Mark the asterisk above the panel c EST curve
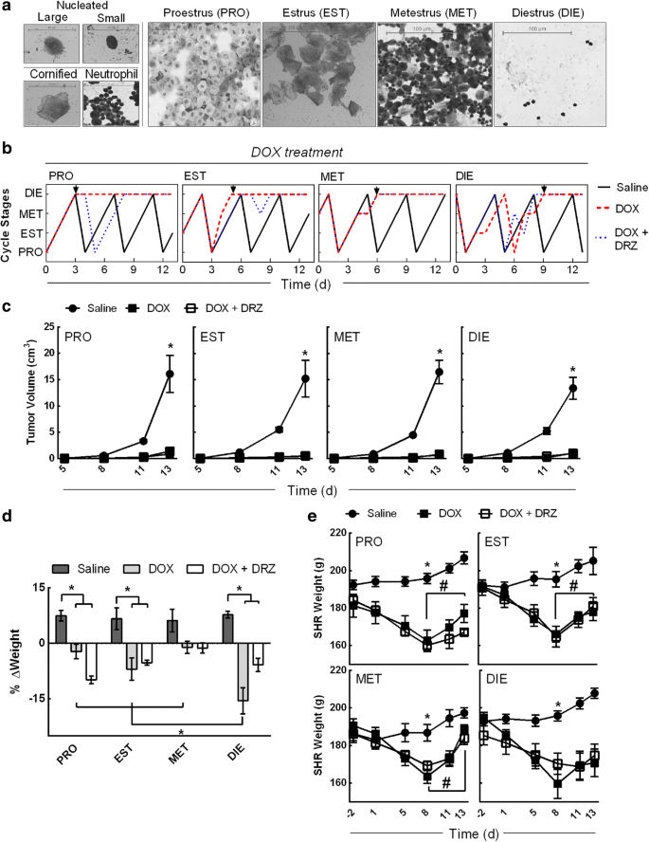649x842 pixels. [305, 355]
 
